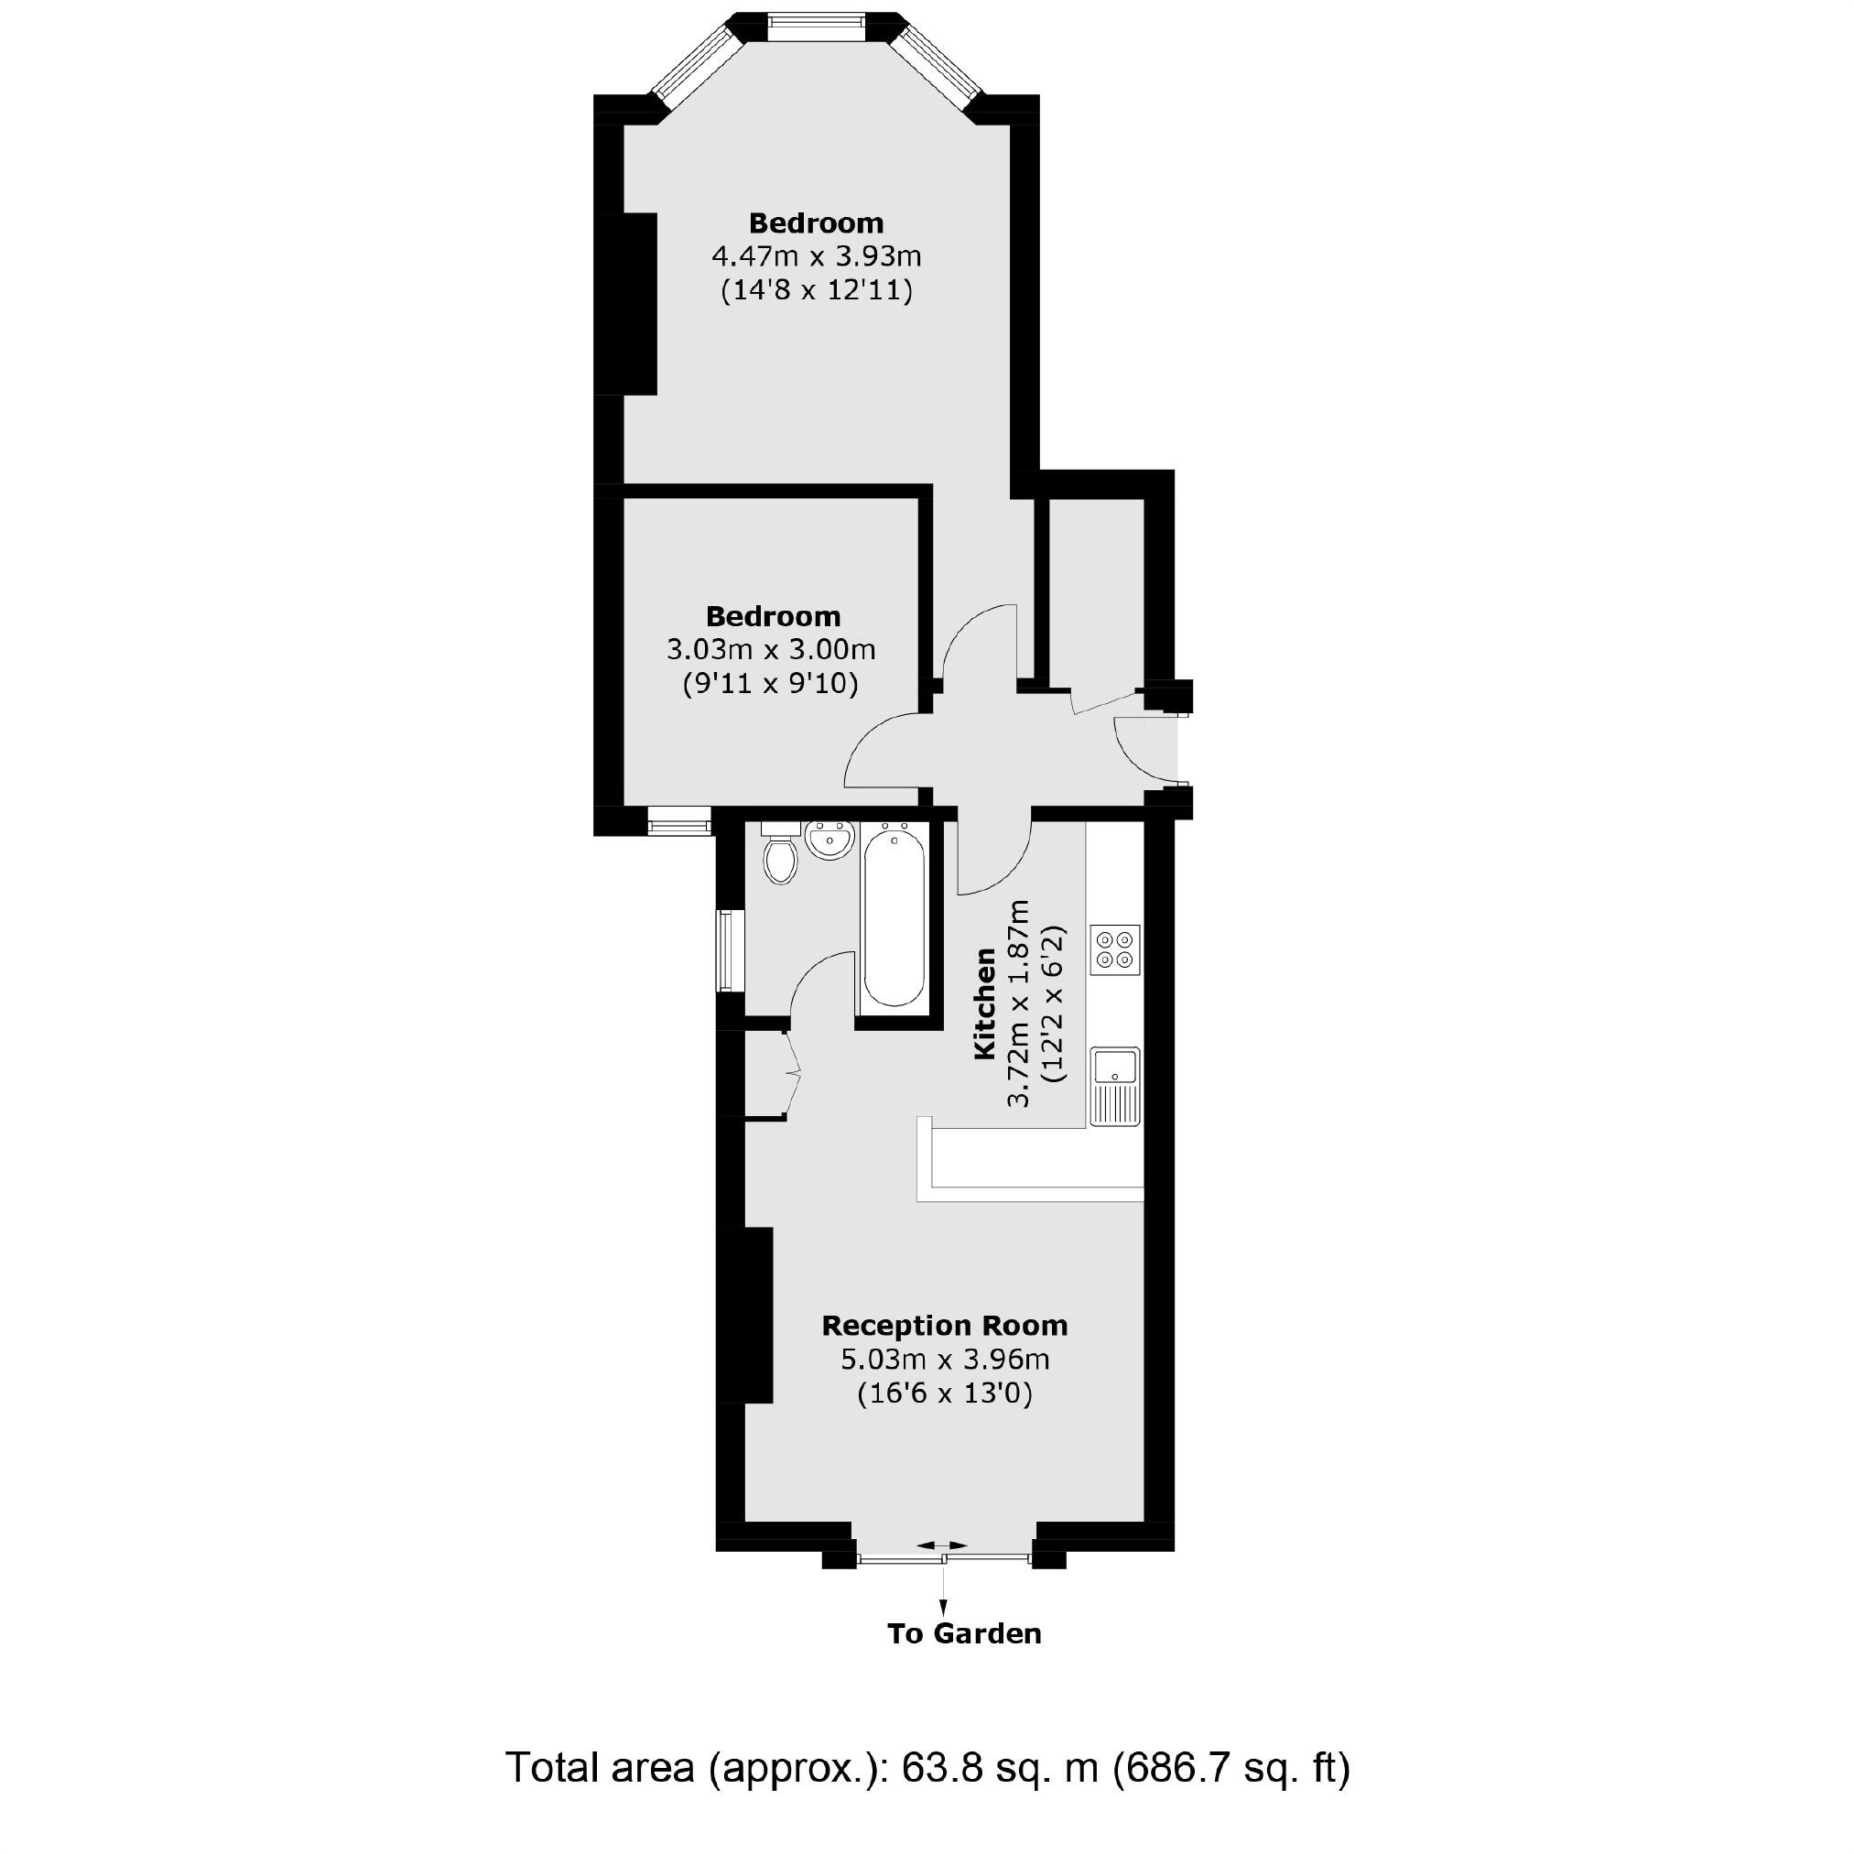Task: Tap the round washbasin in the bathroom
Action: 830,841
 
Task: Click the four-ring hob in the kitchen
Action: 1115,950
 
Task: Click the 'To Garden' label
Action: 963,1633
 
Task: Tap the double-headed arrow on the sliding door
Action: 942,1572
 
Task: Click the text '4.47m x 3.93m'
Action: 816,257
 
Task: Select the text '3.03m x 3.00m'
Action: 771,650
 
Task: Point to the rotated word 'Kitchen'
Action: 984,1003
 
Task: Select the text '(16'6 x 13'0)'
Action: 944,1393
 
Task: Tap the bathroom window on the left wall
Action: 732,950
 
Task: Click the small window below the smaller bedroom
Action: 678,821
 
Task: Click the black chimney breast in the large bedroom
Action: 639,303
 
